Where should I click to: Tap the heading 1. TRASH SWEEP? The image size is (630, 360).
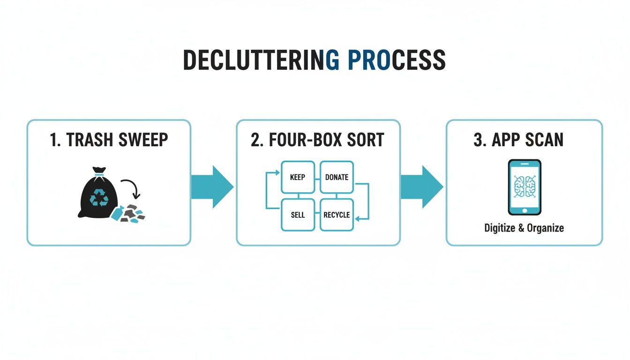[x=109, y=140]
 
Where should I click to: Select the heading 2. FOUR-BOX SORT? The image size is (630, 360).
[x=317, y=140]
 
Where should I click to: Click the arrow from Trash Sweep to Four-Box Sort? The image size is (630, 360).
[x=213, y=187]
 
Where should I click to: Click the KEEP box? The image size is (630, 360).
[x=298, y=177]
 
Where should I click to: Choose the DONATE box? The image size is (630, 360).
[x=337, y=177]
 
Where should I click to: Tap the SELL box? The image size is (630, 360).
[x=298, y=215]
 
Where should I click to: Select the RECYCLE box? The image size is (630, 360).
[x=337, y=215]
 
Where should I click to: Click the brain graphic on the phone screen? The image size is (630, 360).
[x=525, y=186]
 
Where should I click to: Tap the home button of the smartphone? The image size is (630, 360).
[x=525, y=210]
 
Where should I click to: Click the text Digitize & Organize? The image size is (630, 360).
[x=524, y=228]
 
